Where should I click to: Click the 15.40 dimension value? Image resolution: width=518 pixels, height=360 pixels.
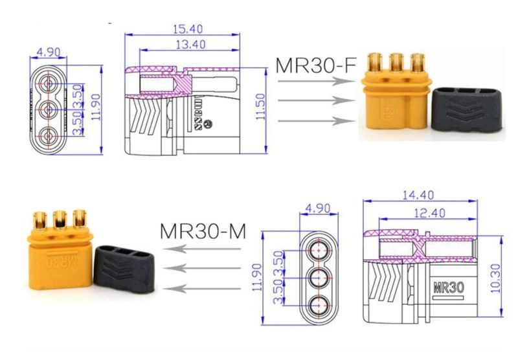(188, 29)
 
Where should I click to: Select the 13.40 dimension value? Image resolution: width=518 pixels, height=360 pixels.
(190, 44)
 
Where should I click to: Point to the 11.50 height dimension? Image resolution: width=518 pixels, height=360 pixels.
(261, 106)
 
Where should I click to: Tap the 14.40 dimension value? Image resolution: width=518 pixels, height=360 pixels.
(418, 195)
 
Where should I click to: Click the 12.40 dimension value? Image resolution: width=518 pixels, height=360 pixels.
(429, 213)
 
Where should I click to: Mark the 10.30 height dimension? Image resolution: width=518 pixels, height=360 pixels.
(495, 278)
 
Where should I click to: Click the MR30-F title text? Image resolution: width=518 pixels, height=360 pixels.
(316, 65)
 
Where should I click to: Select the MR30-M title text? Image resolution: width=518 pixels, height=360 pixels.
(203, 231)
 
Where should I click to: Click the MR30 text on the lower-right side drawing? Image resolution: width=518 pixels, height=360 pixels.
(448, 287)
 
